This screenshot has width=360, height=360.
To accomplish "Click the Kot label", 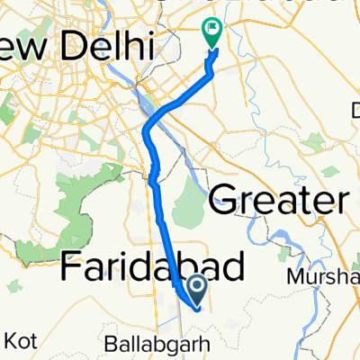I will [22, 342].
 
